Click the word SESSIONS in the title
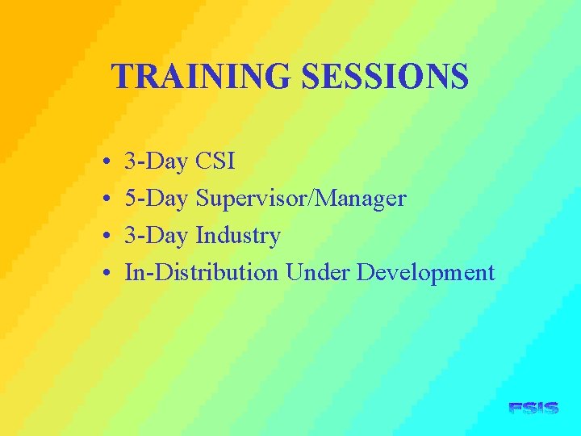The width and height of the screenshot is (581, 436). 385,77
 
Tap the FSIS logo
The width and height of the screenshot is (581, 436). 533,409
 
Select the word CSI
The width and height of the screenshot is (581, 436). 215,161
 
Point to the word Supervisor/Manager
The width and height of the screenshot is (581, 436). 301,199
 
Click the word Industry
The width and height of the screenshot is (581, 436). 238,236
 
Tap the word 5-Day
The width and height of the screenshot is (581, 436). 156,199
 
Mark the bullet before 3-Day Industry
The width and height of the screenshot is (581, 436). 107,237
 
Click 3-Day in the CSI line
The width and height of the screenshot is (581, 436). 156,161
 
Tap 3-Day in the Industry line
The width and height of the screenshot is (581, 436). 156,236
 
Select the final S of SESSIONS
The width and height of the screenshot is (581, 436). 459,77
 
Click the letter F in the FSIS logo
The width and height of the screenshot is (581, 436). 516,409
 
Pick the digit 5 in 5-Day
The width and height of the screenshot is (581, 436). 131,199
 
